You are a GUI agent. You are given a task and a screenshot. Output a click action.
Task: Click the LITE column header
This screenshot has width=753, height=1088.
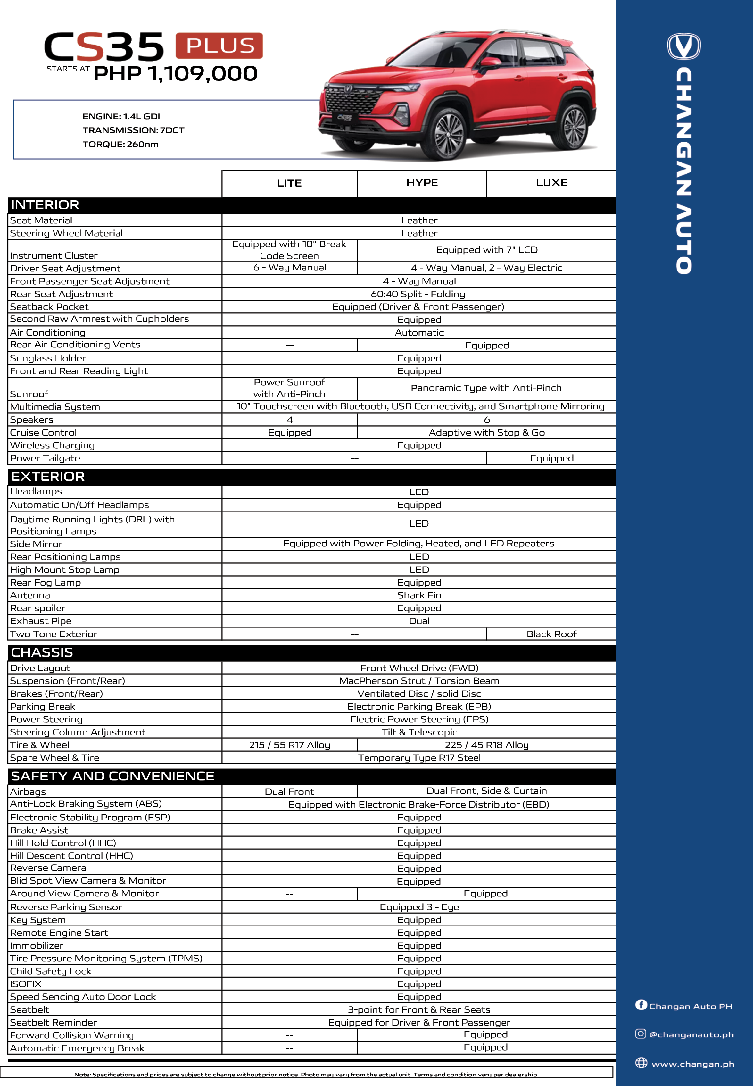(x=289, y=183)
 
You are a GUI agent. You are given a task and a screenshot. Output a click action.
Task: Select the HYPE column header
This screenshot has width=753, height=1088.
(x=422, y=183)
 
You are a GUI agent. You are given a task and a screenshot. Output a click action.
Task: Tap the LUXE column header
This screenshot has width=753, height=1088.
(x=551, y=183)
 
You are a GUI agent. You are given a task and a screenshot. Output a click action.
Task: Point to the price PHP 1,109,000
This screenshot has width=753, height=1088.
(x=176, y=74)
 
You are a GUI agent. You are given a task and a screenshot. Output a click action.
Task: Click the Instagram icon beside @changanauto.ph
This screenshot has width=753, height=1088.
(x=640, y=1034)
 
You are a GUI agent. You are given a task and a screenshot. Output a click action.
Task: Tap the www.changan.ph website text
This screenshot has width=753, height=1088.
(x=692, y=1064)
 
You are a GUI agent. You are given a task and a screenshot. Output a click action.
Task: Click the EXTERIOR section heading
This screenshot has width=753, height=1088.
(x=48, y=477)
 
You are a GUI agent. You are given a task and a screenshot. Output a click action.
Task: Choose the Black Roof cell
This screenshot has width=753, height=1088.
(x=551, y=634)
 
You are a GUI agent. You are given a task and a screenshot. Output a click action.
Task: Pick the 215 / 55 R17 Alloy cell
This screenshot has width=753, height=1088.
(x=289, y=745)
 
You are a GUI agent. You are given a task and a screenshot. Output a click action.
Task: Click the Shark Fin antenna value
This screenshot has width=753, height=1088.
(x=419, y=595)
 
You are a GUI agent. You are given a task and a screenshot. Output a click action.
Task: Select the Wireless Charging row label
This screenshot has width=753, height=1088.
(x=52, y=445)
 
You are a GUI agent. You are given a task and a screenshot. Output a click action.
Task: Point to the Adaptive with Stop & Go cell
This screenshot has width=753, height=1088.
(x=486, y=433)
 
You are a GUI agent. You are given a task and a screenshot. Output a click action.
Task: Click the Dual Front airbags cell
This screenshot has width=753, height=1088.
(x=289, y=792)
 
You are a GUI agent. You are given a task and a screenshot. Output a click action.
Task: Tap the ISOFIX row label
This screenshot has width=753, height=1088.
(x=26, y=984)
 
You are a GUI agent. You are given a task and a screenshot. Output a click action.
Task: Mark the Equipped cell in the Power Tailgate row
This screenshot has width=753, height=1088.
(x=551, y=458)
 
